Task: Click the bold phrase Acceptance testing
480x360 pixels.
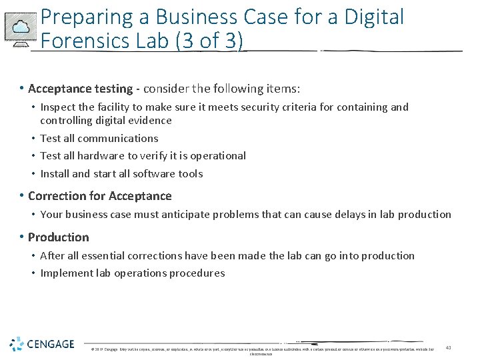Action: (x=81, y=89)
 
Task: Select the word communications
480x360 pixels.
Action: (x=117, y=138)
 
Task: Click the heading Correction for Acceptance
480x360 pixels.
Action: (x=100, y=196)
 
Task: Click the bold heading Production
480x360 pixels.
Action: (x=59, y=237)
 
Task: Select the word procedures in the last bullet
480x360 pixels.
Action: (x=201, y=273)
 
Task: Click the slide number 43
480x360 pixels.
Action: (x=449, y=347)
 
